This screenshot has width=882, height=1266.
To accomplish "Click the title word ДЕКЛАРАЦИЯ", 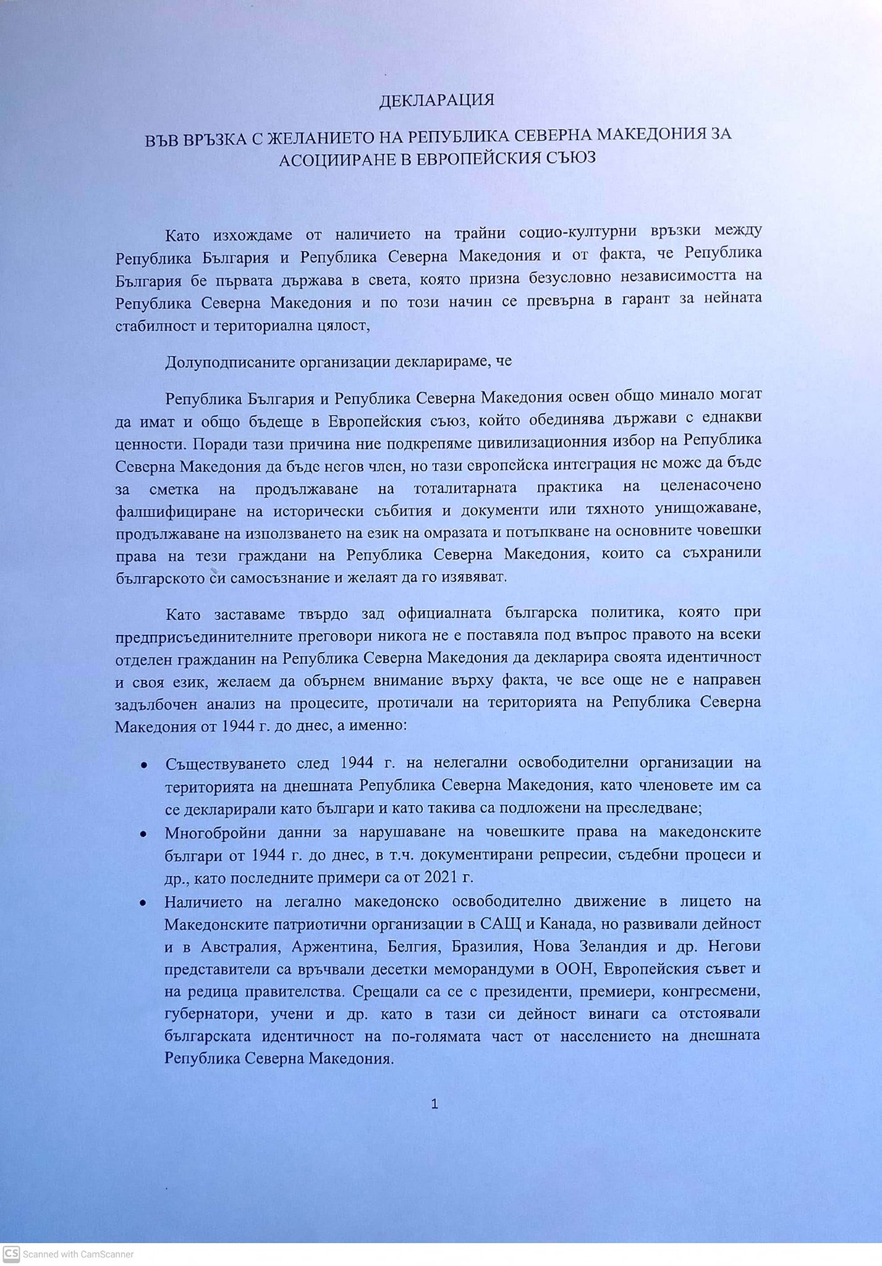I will click(436, 100).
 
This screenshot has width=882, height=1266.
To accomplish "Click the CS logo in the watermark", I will click(11, 1254).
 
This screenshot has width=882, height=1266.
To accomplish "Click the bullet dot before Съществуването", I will click(144, 765).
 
